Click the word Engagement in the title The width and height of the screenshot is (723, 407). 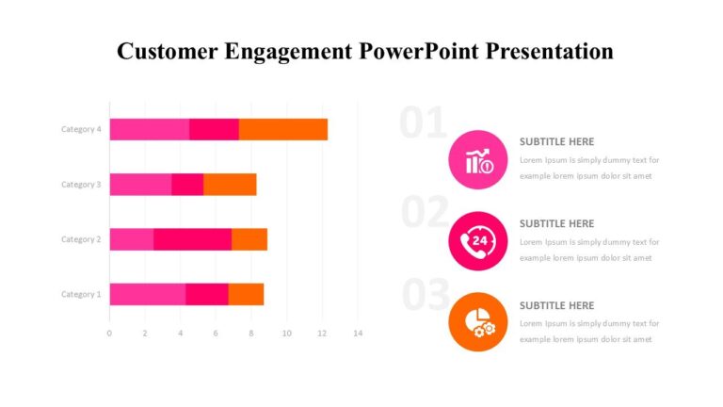click(x=291, y=51)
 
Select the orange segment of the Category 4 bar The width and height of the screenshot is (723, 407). click(x=282, y=129)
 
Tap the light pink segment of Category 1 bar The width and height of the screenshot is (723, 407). click(x=147, y=294)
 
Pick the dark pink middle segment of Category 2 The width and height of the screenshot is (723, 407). click(x=192, y=239)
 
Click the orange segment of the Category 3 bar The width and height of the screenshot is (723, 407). click(x=230, y=185)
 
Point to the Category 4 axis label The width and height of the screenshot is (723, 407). click(x=81, y=129)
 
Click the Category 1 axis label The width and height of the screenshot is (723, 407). click(x=81, y=294)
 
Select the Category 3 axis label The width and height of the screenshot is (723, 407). click(x=81, y=185)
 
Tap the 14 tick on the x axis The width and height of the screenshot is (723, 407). click(x=358, y=334)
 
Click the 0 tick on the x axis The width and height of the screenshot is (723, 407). click(x=109, y=334)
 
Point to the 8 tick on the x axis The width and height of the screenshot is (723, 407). click(x=251, y=334)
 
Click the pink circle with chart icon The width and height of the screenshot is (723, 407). click(x=478, y=159)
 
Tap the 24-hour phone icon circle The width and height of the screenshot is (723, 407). click(x=478, y=240)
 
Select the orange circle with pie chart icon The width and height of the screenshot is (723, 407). click(x=478, y=321)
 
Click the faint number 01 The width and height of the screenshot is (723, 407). click(x=423, y=124)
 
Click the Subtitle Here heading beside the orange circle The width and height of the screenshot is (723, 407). click(x=556, y=305)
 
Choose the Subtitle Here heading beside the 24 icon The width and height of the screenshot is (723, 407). click(x=556, y=223)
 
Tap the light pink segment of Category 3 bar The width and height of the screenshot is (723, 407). click(x=140, y=185)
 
